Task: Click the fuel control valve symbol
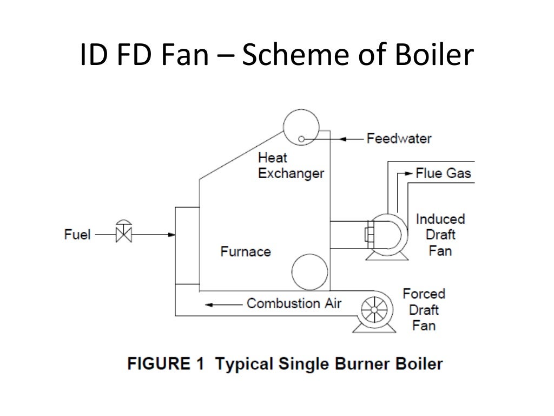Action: pyautogui.click(x=123, y=234)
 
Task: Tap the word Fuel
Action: pyautogui.click(x=77, y=235)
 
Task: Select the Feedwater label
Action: pyautogui.click(x=399, y=138)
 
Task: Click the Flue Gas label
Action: pyautogui.click(x=443, y=173)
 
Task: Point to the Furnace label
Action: pyautogui.click(x=246, y=251)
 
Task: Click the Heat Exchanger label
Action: pyautogui.click(x=291, y=166)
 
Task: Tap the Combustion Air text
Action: pyautogui.click(x=294, y=303)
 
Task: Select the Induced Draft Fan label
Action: pyautogui.click(x=440, y=235)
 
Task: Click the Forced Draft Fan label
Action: pyautogui.click(x=424, y=309)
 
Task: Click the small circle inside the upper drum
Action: pyautogui.click(x=301, y=139)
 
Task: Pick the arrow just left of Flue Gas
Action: pyautogui.click(x=404, y=174)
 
